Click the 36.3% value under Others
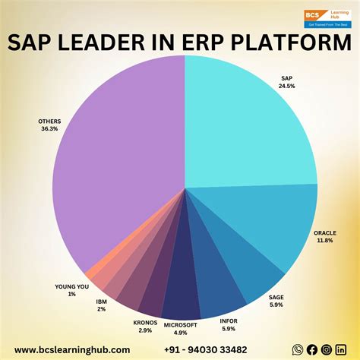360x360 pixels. (x=49, y=130)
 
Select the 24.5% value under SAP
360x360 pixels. (x=286, y=86)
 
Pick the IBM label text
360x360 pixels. (x=102, y=301)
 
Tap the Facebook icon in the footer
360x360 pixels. (x=311, y=349)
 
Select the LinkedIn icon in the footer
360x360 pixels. (x=340, y=349)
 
